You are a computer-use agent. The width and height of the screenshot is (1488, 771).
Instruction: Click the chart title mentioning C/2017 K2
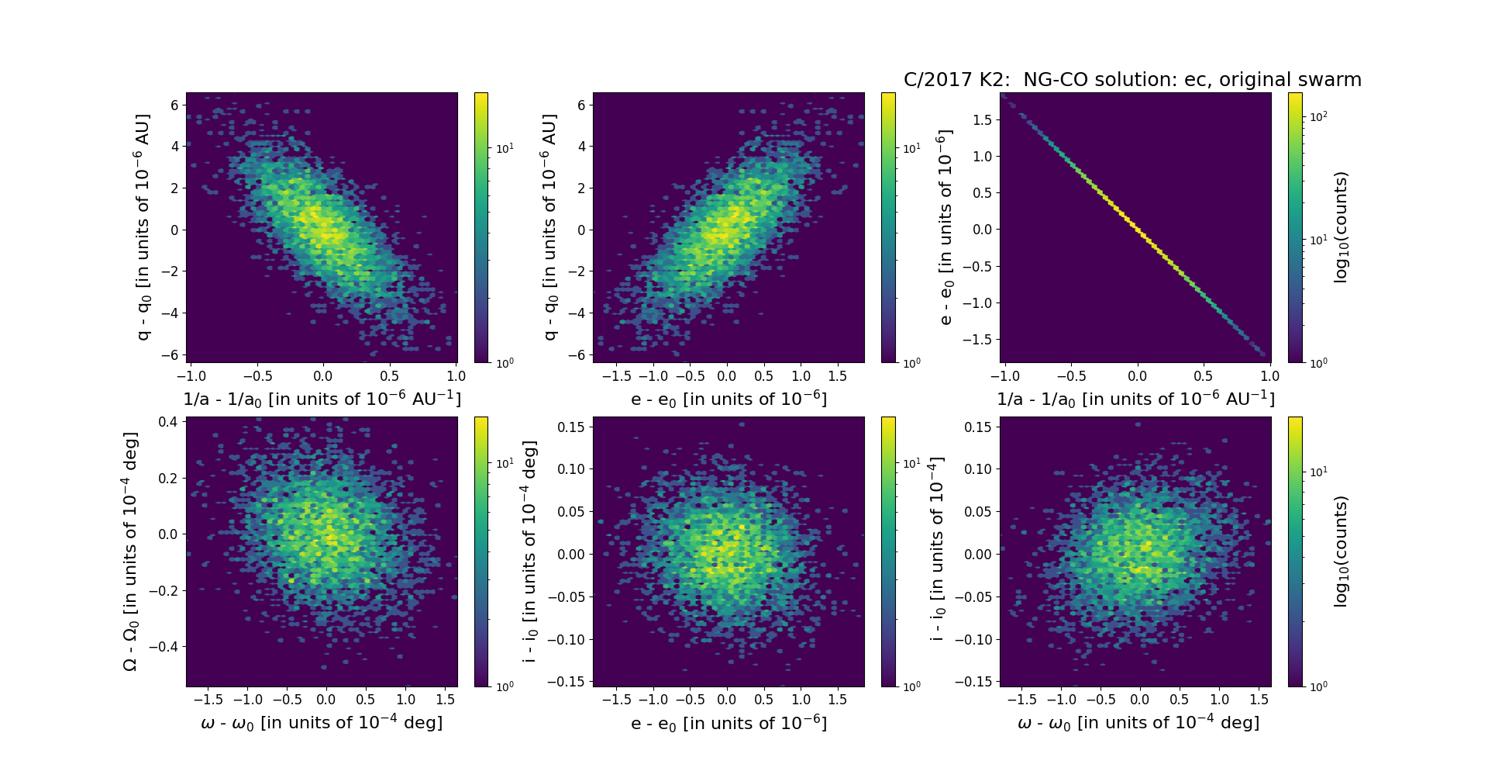1132,80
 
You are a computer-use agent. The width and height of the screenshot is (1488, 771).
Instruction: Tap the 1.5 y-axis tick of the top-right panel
982,119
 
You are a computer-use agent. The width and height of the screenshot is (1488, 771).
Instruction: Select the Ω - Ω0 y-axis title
130,551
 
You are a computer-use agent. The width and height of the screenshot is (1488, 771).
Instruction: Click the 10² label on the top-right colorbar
1318,116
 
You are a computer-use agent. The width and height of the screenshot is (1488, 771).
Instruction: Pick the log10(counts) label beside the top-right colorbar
1341,227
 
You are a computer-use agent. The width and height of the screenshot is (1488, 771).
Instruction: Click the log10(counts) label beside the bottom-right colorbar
1341,551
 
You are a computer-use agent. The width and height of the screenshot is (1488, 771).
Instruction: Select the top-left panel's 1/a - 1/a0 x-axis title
322,399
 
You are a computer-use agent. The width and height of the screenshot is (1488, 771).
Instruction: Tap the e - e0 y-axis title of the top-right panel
945,227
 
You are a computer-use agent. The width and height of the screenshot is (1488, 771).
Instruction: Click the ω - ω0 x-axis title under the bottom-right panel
1138,723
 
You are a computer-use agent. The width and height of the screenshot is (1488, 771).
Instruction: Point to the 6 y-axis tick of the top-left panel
174,105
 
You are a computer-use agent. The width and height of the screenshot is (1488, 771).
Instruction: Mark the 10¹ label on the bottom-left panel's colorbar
505,463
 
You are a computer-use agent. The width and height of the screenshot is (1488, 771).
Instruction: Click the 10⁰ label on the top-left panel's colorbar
505,362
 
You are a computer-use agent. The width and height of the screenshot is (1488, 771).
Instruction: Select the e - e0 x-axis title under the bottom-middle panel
728,723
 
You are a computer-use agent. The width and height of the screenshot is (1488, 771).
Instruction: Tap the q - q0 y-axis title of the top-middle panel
549,227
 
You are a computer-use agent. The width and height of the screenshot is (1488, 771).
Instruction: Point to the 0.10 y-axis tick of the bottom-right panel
977,468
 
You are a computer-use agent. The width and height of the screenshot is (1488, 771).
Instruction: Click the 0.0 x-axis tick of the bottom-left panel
326,700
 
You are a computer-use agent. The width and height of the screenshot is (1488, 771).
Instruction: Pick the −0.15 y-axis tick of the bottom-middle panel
567,682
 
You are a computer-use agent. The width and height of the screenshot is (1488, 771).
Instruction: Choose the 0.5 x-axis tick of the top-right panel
1203,376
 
